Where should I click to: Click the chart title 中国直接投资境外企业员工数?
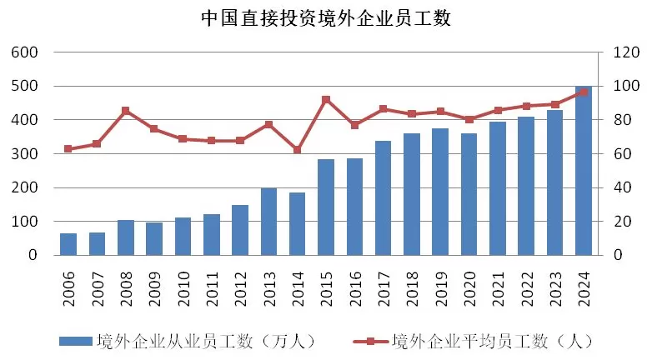(326, 18)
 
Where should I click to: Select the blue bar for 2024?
(584, 171)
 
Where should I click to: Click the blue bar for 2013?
(268, 222)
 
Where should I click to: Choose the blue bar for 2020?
(469, 194)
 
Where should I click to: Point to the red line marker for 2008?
(125, 110)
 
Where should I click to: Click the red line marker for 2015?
(326, 99)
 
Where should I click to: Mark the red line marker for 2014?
(298, 150)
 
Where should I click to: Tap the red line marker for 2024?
(584, 92)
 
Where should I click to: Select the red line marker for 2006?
(68, 149)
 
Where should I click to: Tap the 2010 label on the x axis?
(183, 283)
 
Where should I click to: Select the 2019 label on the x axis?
(441, 283)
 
